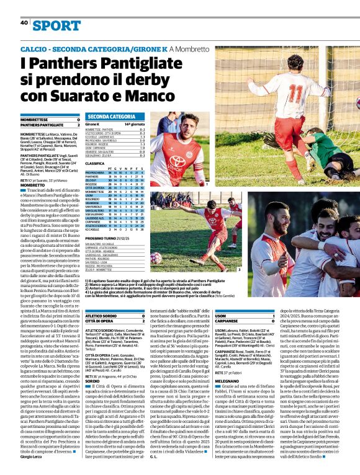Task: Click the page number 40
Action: point(24,22)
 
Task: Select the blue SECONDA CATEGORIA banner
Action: point(112,116)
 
